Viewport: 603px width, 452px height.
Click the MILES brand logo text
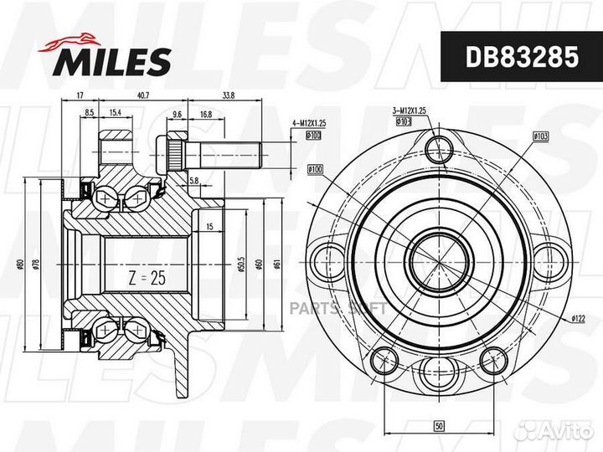[x=114, y=60]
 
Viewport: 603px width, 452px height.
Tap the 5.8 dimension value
[x=193, y=180]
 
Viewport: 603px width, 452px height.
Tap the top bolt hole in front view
[x=438, y=149]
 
